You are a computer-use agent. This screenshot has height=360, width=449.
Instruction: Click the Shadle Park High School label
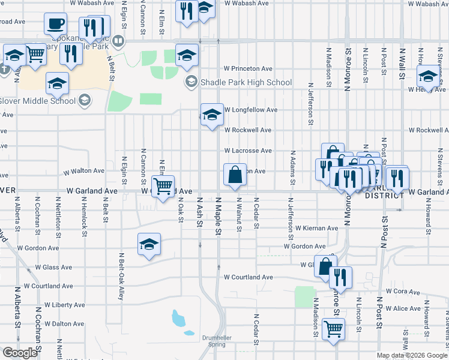(x=246, y=82)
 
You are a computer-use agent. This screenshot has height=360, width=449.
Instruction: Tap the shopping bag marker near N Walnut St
(x=235, y=175)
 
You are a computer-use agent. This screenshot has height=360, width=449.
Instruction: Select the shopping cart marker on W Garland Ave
(x=163, y=186)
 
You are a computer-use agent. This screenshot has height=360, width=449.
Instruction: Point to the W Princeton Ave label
(x=248, y=68)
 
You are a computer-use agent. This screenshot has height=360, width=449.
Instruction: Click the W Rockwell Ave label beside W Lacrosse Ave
(x=248, y=130)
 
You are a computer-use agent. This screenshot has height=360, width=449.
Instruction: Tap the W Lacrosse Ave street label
(x=248, y=151)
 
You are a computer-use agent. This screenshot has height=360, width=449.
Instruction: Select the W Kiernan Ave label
(x=316, y=228)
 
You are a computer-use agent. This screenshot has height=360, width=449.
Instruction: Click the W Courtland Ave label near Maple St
(x=249, y=277)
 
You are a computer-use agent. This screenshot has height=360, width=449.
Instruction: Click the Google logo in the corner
(x=20, y=353)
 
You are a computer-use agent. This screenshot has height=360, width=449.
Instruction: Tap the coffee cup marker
(x=55, y=24)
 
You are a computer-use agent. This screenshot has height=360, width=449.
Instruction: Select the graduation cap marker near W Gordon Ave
(x=149, y=244)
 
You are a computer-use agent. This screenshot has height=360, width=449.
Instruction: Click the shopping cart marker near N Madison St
(x=333, y=328)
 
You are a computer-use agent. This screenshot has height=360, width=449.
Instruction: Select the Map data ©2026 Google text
(x=411, y=355)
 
